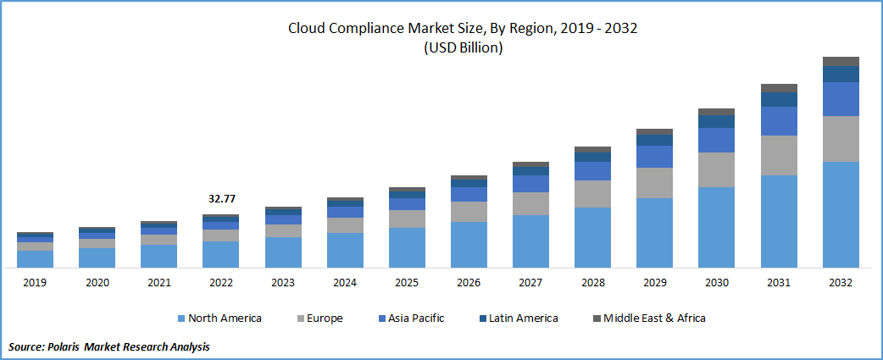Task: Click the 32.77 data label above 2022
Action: pyautogui.click(x=221, y=199)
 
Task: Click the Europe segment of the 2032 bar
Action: pyautogui.click(x=841, y=139)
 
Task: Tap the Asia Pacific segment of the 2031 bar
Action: pyautogui.click(x=779, y=121)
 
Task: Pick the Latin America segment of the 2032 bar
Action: pyautogui.click(x=841, y=74)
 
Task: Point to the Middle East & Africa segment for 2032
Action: pyautogui.click(x=841, y=61)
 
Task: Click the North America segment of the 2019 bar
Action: pyautogui.click(x=35, y=259)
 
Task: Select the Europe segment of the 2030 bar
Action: pyautogui.click(x=717, y=169)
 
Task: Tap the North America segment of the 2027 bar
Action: pyautogui.click(x=530, y=241)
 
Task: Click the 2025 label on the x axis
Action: pyautogui.click(x=407, y=283)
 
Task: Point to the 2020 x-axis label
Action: pyautogui.click(x=97, y=283)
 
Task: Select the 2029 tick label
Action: pyautogui.click(x=654, y=283)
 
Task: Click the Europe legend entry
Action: pyautogui.click(x=322, y=318)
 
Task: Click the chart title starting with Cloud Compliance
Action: pyautogui.click(x=463, y=29)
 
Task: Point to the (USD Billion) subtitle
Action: pyautogui.click(x=463, y=48)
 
